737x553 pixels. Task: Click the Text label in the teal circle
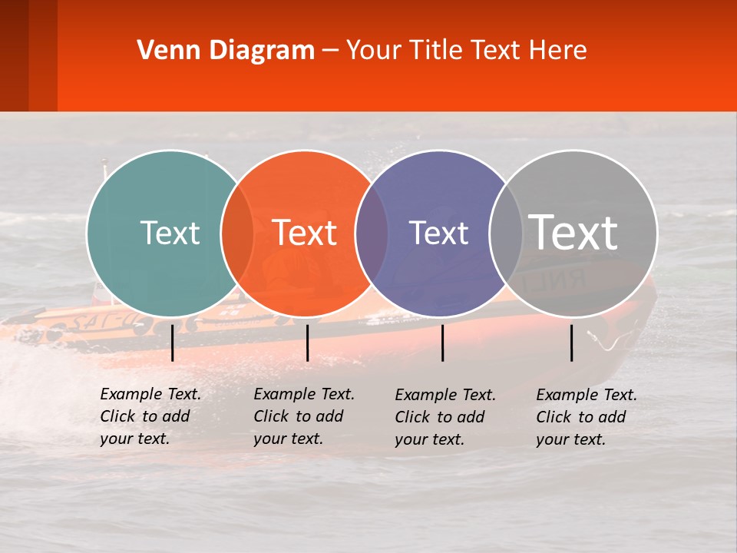point(170,233)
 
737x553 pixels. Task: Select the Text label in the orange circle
point(305,233)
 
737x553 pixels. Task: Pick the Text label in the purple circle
point(438,233)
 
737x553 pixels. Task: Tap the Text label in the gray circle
point(573,232)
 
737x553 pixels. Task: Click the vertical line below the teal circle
point(172,343)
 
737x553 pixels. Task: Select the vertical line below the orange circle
point(307,343)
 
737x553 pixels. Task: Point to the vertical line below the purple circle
point(442,343)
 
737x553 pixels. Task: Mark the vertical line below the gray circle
point(571,343)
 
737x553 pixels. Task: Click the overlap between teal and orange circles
point(237,233)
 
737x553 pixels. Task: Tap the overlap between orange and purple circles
point(372,233)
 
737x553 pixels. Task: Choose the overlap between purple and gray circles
point(506,233)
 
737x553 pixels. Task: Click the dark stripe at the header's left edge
point(14,55)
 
